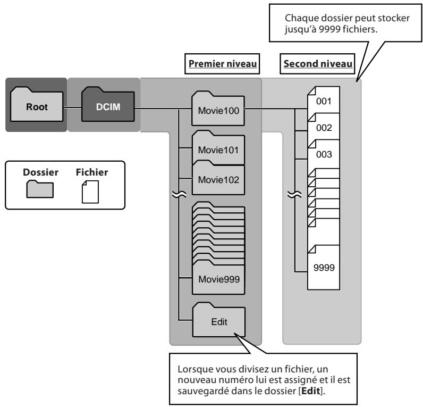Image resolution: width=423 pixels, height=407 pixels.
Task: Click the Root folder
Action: click(x=37, y=104)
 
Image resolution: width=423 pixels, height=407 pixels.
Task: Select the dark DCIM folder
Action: click(x=108, y=104)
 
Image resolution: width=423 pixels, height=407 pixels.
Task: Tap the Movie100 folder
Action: click(x=218, y=109)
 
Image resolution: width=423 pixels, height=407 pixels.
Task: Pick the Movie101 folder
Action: click(x=218, y=148)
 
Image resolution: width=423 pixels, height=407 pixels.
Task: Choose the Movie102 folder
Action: click(x=218, y=178)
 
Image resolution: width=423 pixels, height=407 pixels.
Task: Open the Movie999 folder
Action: click(x=218, y=277)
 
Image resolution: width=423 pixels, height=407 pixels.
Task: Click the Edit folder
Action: click(x=219, y=320)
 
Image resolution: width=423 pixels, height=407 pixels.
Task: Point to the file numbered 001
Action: click(x=324, y=99)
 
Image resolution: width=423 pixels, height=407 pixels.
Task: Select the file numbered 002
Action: click(x=324, y=127)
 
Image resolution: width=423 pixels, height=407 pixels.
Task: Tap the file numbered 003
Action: click(x=324, y=154)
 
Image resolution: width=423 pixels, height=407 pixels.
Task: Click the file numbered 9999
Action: click(x=324, y=268)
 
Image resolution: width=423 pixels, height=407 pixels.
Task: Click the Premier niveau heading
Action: click(x=223, y=64)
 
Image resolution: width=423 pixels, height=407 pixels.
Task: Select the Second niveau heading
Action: click(x=318, y=64)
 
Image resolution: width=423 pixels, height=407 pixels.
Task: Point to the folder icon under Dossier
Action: click(x=40, y=189)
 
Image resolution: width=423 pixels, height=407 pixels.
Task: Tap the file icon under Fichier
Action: click(x=90, y=192)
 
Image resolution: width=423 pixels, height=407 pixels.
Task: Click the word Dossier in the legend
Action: click(x=40, y=172)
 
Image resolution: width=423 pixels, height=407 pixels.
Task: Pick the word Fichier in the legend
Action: click(x=92, y=172)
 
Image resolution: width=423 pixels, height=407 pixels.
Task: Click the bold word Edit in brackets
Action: click(x=310, y=391)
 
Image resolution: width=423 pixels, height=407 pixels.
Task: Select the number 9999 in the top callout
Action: click(x=329, y=29)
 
